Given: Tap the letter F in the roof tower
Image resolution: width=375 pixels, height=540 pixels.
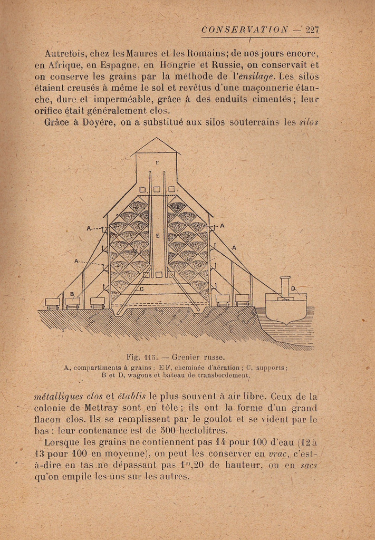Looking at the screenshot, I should (x=157, y=163).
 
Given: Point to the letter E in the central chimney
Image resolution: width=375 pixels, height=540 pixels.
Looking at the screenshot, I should (x=157, y=236).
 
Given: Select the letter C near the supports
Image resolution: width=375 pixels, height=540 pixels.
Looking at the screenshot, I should (x=142, y=289).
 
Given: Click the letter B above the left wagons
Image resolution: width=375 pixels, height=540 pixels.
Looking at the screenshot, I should (x=72, y=294).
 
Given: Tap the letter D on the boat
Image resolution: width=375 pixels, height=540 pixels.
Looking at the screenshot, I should (x=293, y=288).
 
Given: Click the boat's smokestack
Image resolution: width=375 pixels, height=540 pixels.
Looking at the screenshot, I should (x=285, y=287).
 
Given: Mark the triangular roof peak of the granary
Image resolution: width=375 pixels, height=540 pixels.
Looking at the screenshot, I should (x=156, y=145).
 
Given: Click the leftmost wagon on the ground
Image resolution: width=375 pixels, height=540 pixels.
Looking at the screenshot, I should (x=52, y=303).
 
